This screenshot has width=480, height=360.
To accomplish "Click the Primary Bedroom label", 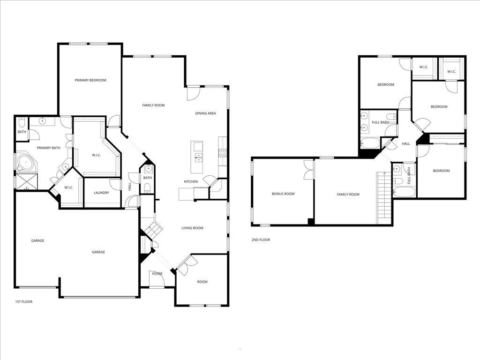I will point(90,80).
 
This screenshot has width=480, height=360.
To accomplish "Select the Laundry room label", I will point(101,193).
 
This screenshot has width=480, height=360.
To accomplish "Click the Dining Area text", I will point(205,113).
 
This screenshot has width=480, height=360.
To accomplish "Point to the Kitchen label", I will point(191,181).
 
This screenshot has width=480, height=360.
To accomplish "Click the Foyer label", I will point(157,274).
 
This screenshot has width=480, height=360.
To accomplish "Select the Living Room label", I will point(192,228).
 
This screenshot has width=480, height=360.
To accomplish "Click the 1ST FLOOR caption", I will point(23,302).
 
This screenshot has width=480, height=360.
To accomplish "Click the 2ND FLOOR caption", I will point(261,240).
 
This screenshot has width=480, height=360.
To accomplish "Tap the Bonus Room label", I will point(283,194).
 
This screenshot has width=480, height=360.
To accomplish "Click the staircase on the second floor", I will point(384,197).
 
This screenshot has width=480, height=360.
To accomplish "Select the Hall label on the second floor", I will point(406,143).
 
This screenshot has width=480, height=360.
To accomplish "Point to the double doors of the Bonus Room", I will point(308,169).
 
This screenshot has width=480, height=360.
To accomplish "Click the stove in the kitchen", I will point(223,152).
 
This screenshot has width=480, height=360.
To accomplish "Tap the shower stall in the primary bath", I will point(23,181).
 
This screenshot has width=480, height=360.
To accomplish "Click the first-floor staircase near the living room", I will point(153,229).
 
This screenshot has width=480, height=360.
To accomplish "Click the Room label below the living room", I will point(202,282).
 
